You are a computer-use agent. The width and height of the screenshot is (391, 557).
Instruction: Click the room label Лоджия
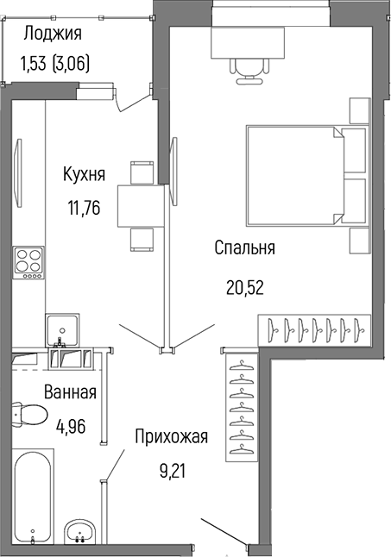click(x=53, y=34)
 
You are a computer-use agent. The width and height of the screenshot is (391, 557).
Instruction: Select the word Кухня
click(x=84, y=174)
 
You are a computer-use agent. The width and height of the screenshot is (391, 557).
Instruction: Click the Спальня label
click(x=244, y=248)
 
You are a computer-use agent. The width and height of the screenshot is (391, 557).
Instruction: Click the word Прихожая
click(x=171, y=437)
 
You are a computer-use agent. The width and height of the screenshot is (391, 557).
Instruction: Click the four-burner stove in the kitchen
click(x=28, y=261)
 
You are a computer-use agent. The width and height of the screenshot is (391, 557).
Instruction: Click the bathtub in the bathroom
click(x=34, y=499)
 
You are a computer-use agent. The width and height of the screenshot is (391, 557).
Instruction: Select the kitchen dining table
click(x=136, y=204)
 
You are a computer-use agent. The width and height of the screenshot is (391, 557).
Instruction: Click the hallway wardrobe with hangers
click(x=243, y=406)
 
